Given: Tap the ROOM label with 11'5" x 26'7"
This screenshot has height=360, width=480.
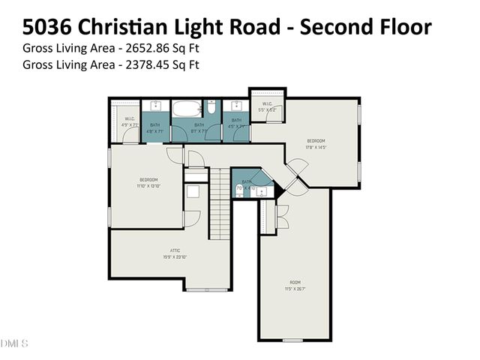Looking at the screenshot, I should coord(295,283).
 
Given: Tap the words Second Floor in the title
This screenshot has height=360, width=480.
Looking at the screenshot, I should coord(364,27).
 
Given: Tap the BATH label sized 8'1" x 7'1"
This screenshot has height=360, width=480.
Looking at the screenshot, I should coord(199,127).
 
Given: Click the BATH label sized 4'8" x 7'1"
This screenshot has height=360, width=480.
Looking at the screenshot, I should coord(155,127).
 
